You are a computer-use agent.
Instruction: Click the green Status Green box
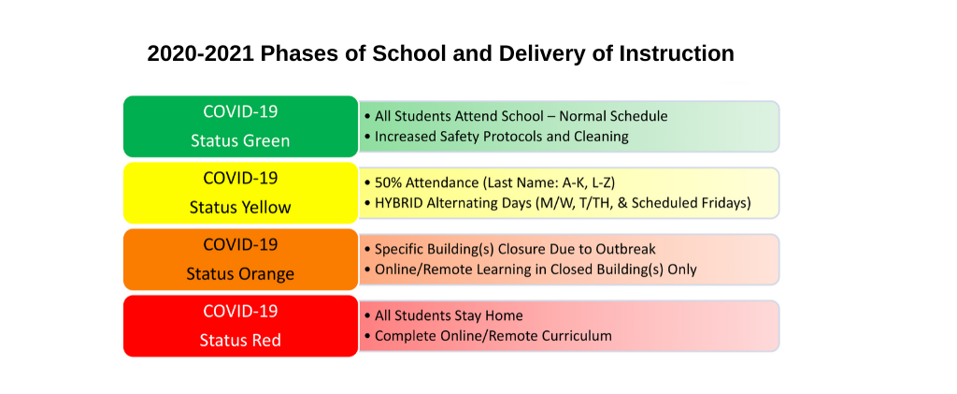[x=240, y=126]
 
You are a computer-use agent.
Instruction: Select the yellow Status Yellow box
[x=240, y=193]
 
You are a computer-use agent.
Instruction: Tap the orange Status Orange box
[x=240, y=259]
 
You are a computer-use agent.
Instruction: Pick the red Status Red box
[x=240, y=326]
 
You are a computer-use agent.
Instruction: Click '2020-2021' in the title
[x=201, y=53]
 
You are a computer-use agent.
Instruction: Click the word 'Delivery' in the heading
[x=538, y=54]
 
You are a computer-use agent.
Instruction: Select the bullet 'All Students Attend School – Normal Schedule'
[x=516, y=116]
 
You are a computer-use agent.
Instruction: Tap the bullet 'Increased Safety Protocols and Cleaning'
[x=496, y=137]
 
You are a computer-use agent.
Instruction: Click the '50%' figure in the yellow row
[x=388, y=182]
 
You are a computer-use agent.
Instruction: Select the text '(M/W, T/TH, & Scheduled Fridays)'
[x=642, y=203]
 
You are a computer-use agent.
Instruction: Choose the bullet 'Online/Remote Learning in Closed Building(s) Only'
[x=531, y=270]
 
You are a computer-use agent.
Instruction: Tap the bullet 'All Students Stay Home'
[x=444, y=315]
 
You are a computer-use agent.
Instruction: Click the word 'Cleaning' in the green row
[x=601, y=137]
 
